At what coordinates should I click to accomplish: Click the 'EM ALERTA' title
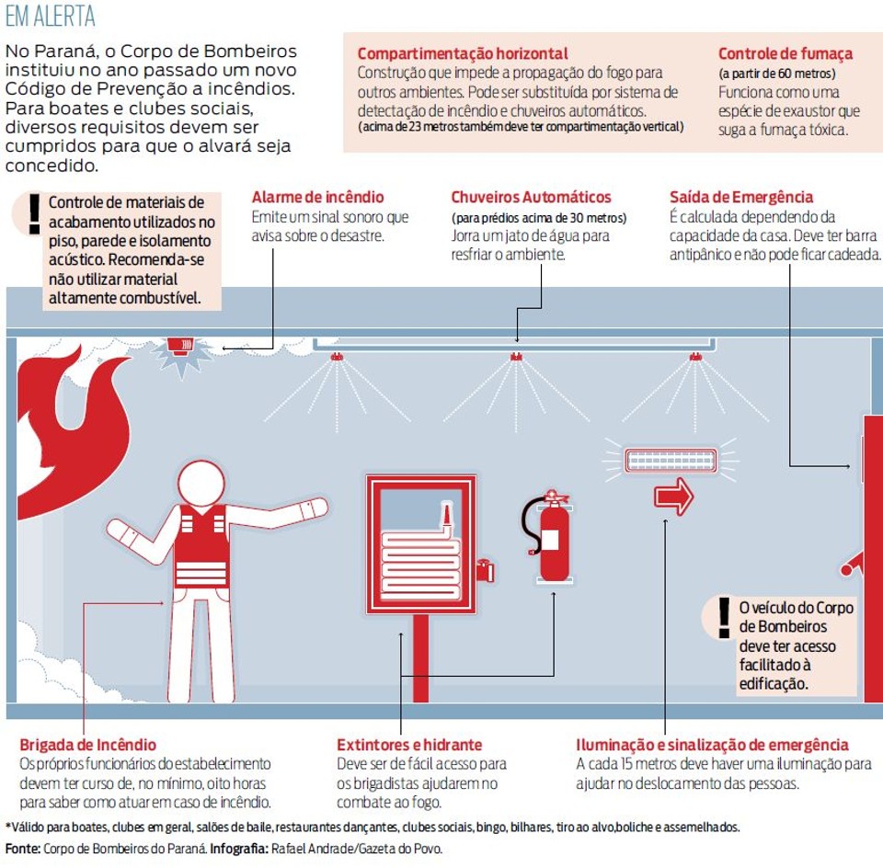coord(50,17)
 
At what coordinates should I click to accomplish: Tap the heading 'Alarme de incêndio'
coord(317,197)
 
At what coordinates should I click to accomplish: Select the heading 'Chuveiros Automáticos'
coord(531,197)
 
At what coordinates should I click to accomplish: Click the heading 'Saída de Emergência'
coord(741,197)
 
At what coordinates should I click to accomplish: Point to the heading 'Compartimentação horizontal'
coord(463,53)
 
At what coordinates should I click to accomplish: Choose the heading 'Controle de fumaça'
coord(786,53)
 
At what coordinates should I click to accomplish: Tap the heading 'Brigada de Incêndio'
coord(88,745)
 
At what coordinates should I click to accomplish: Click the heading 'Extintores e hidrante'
coord(409,745)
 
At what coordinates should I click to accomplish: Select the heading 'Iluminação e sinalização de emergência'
coord(712,745)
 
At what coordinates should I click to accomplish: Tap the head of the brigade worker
coord(201,483)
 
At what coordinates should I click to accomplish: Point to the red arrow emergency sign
coord(673,497)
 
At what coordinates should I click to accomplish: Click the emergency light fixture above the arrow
coord(671,461)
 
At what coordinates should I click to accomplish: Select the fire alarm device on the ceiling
coord(181,347)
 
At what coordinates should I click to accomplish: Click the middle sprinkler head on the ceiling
coord(516,357)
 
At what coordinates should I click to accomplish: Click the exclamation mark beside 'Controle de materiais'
coord(35,214)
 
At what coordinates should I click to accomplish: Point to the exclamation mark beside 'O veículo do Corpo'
coord(724,617)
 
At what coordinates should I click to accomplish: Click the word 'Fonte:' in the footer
coord(22,849)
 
